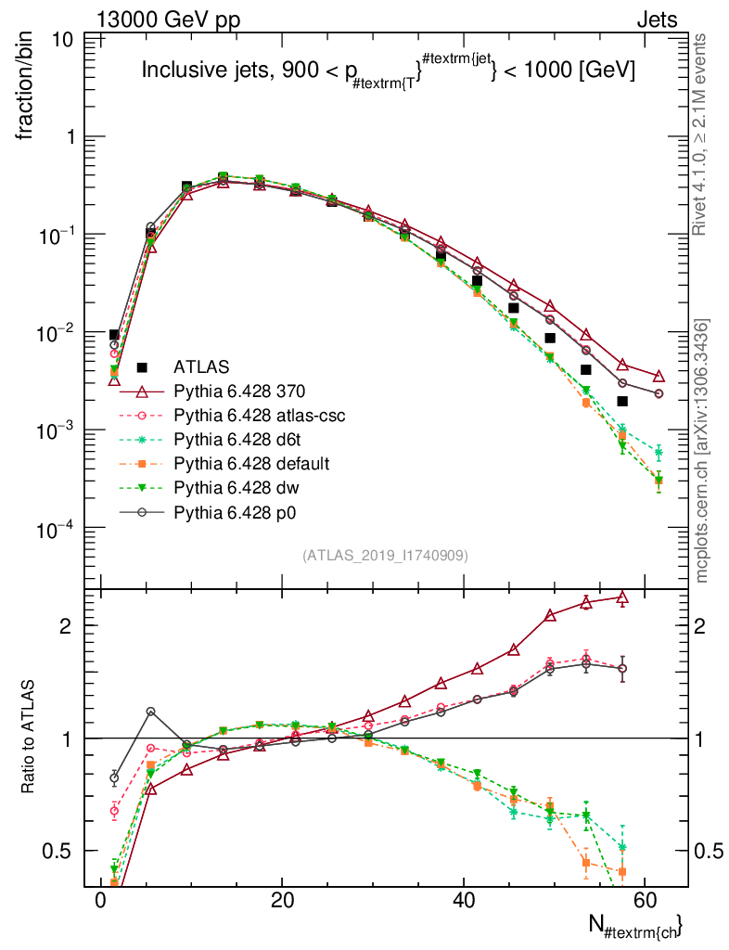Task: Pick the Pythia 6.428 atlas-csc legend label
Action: click(x=260, y=415)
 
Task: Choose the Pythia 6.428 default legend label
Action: click(x=252, y=463)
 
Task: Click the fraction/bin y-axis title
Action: click(x=30, y=87)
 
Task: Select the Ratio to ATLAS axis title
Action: click(x=30, y=733)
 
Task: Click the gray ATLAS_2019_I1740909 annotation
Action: click(x=385, y=556)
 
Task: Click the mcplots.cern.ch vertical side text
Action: click(x=702, y=451)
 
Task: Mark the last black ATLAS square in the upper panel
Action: click(x=622, y=401)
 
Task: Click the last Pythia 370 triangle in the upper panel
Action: click(x=659, y=376)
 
